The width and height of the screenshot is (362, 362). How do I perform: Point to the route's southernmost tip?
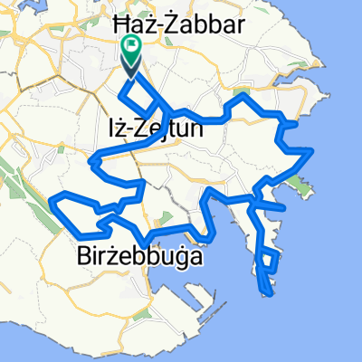coord(268,292)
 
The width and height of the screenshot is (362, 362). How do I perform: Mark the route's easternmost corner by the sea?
coord(312,150)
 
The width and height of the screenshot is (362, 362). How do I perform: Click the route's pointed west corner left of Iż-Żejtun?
coord(90,162)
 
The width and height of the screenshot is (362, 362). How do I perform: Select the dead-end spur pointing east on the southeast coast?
coord(284,208)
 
